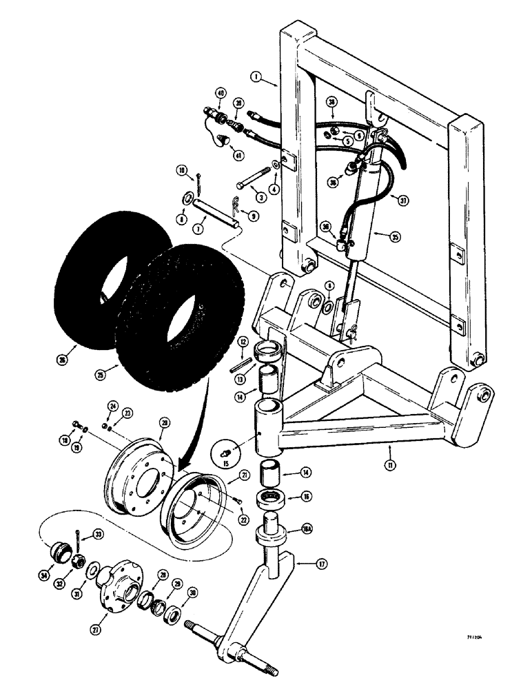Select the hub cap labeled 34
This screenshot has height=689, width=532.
57,553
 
